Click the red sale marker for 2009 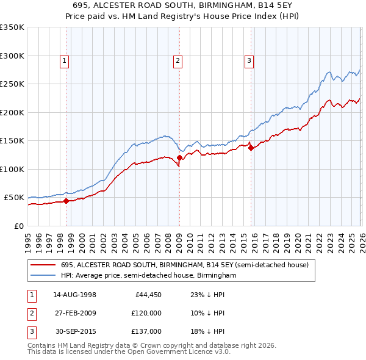179,158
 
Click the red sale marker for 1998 66,200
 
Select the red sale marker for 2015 251,147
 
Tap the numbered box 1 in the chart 64,60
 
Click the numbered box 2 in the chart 177,60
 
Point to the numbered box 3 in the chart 249,60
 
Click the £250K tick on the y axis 12,84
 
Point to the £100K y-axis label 12,169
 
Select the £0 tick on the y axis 18,226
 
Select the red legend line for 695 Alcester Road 43,265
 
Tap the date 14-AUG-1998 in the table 74,295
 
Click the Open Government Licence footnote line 129,352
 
